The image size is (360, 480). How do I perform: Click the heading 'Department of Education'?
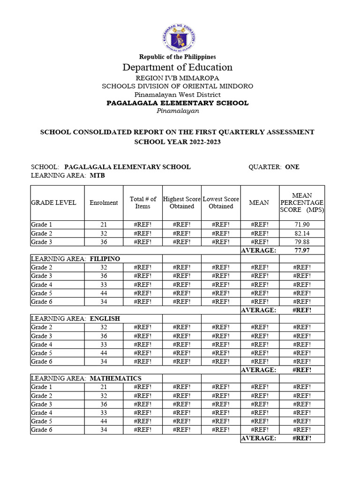click(178, 67)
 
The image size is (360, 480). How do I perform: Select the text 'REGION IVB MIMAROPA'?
click(178, 78)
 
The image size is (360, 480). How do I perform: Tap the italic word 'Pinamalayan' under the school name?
click(178, 111)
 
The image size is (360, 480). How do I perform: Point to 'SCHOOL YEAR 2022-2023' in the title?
click(178, 142)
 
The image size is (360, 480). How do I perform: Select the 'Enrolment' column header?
click(104, 202)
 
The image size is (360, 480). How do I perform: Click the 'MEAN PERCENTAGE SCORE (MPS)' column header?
click(301, 202)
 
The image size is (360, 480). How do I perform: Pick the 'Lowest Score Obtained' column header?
click(221, 202)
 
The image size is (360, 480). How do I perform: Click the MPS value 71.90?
click(301, 225)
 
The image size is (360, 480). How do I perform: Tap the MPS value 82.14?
click(301, 233)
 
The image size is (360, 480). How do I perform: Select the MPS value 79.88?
click(301, 242)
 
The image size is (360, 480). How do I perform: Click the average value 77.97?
click(301, 250)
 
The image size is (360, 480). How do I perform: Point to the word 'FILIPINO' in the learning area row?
click(105, 259)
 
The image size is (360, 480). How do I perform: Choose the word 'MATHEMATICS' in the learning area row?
click(115, 378)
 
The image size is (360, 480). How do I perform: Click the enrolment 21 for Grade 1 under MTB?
click(104, 225)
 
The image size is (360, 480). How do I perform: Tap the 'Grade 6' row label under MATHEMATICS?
click(39, 430)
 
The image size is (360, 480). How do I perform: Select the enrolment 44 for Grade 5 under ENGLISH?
click(104, 353)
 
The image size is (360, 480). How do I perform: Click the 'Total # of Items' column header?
click(143, 202)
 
